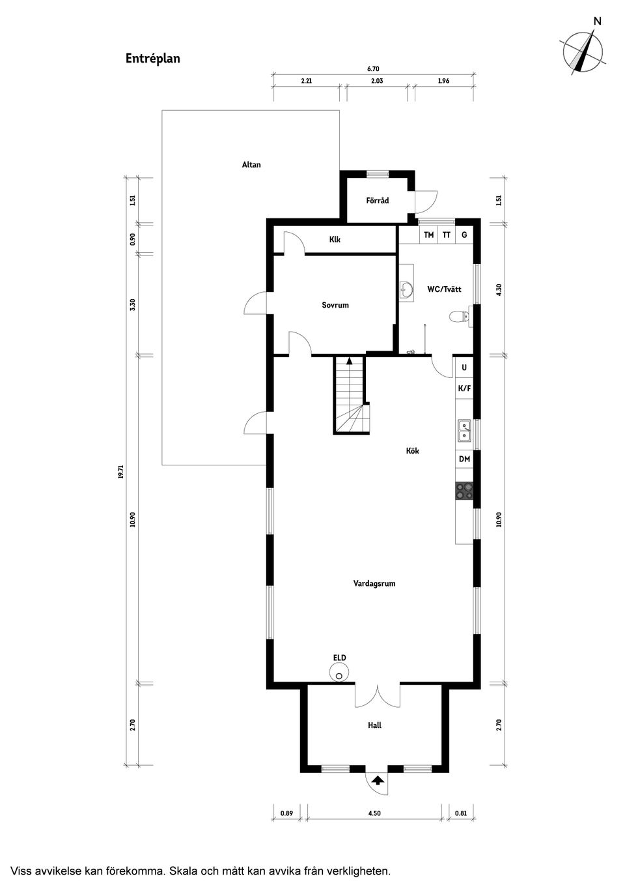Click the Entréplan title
point(153,59)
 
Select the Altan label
point(251,165)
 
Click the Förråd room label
point(377,201)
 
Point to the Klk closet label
point(335,239)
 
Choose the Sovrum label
point(335,305)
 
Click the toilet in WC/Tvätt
point(459,316)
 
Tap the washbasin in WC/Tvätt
point(406,290)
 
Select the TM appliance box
point(428,235)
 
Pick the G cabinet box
point(464,235)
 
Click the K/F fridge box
point(464,388)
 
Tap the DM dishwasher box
point(464,459)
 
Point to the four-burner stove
point(464,491)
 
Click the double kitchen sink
point(464,431)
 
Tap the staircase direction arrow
point(349,360)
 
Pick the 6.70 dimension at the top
point(373,68)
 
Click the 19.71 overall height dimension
point(120,471)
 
